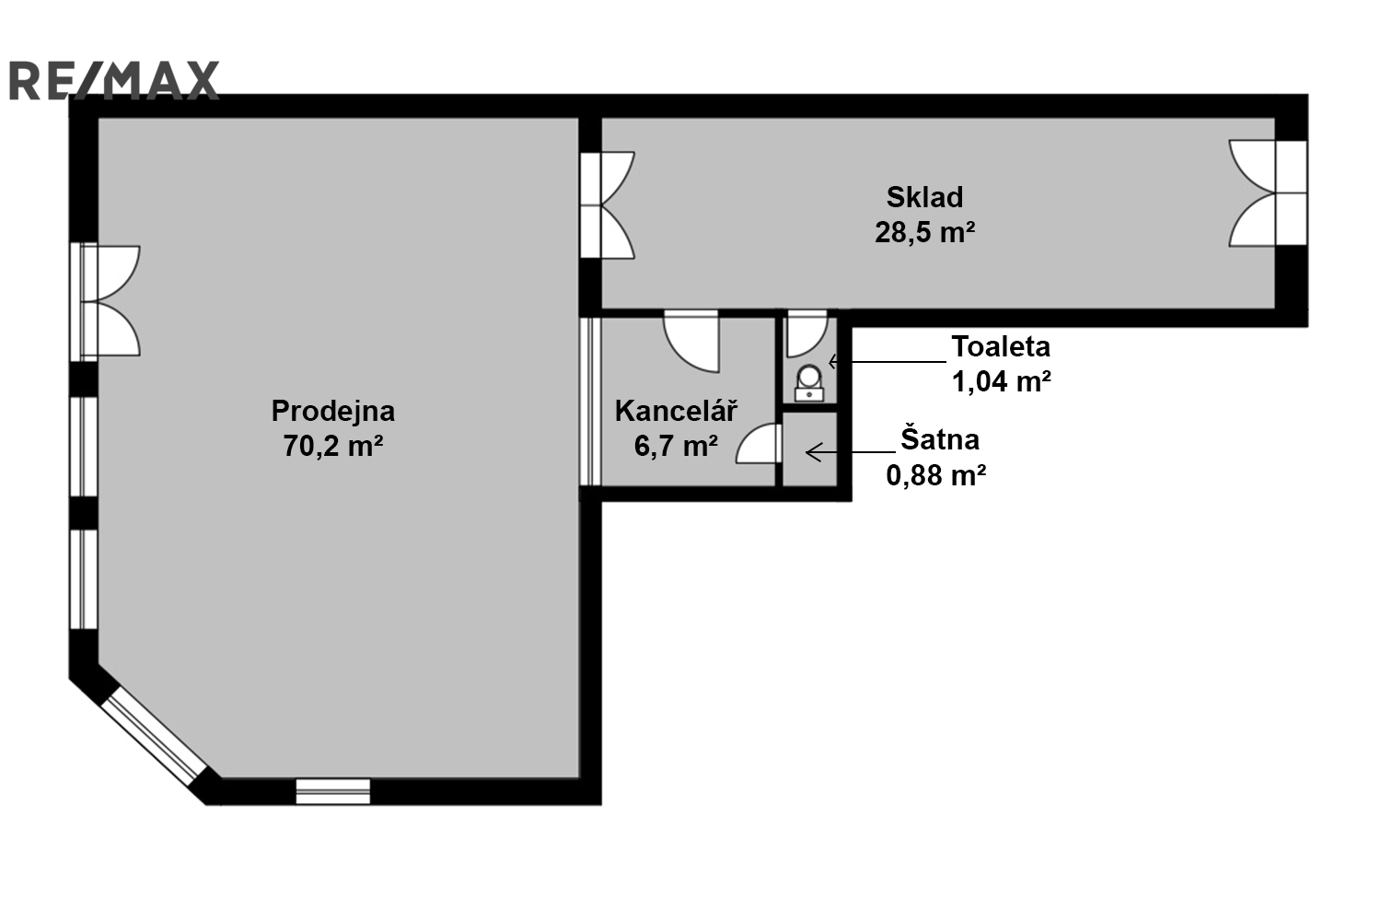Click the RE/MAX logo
pyautogui.click(x=114, y=80)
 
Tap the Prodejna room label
pyautogui.click(x=333, y=412)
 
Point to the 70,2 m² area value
pyautogui.click(x=333, y=446)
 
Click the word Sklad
pyautogui.click(x=924, y=197)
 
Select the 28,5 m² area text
pyautogui.click(x=924, y=233)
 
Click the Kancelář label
pyautogui.click(x=676, y=411)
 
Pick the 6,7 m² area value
pyautogui.click(x=676, y=446)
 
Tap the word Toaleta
pyautogui.click(x=1001, y=346)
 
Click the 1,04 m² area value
pyautogui.click(x=1002, y=381)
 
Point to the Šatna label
pyautogui.click(x=940, y=439)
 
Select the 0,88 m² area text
pyautogui.click(x=936, y=475)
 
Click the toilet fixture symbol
pyautogui.click(x=809, y=383)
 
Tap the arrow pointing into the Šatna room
pyautogui.click(x=850, y=453)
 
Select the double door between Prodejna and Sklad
pyautogui.click(x=608, y=204)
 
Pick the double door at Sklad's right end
pyautogui.click(x=1267, y=193)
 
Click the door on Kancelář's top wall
pyautogui.click(x=691, y=343)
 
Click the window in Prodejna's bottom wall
pyautogui.click(x=333, y=791)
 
